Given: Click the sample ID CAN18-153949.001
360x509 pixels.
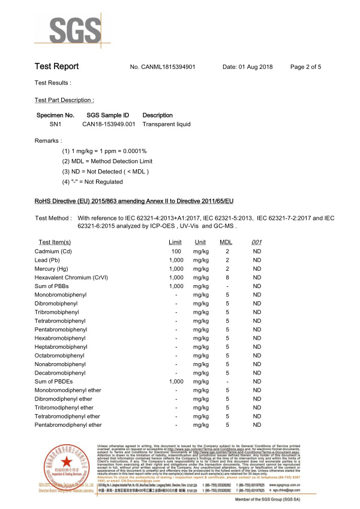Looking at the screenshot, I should (x=109, y=124).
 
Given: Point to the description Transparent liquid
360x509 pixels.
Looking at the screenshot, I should (x=166, y=124).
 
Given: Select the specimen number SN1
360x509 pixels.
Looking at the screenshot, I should (x=55, y=124).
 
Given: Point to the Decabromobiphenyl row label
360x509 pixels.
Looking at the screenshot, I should (x=61, y=372).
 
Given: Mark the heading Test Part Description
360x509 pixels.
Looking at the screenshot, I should (x=65, y=100).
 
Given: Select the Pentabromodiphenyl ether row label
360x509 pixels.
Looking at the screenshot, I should (x=68, y=425).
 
